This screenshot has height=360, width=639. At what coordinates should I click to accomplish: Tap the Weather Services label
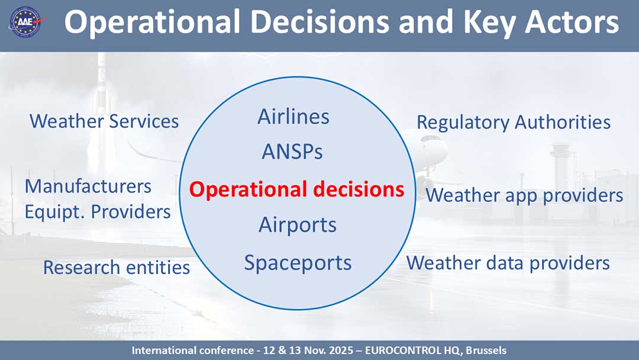104,121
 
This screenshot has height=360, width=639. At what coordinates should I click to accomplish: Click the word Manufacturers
88,186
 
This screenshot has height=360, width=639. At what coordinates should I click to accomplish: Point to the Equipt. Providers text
98,211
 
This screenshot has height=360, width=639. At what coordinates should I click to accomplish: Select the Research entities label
117,268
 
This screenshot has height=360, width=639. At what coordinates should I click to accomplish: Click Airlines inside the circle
293,117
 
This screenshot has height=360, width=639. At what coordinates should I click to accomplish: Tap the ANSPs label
292,152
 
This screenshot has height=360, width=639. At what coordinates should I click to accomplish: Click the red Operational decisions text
296,189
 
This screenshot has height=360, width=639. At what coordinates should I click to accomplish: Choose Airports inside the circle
298,225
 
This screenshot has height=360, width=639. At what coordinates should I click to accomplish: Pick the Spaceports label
298,262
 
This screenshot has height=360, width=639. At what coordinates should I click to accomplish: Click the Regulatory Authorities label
513,123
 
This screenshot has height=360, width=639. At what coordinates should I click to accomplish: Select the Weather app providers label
524,195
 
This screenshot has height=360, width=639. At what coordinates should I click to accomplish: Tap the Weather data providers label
508,262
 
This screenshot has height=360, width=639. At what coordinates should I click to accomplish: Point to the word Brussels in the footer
486,351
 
